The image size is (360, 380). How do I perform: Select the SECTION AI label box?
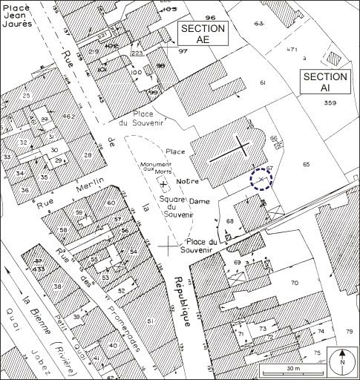coord(324,82)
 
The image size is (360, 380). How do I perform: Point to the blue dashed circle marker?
coord(261,180)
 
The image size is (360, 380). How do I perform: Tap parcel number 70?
coord(294,283)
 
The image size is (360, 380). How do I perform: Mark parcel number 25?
coord(27,96)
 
